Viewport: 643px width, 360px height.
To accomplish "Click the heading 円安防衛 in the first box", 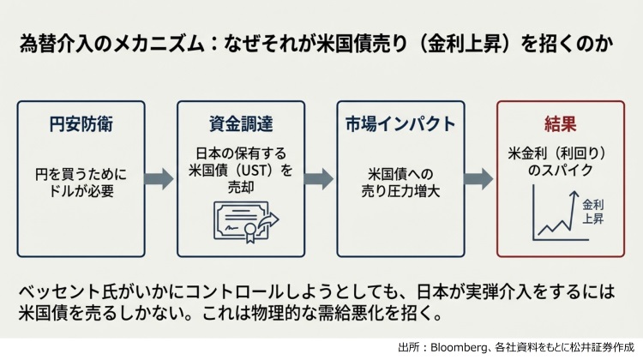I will pyautogui.click(x=81, y=123).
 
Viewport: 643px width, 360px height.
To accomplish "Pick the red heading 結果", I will pyautogui.click(x=559, y=123).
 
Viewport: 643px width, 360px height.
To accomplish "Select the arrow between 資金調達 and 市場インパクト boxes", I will pyautogui.click(x=319, y=179).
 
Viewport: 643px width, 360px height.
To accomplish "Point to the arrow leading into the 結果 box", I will pyautogui.click(x=478, y=179).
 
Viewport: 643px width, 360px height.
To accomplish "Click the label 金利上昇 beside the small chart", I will pyautogui.click(x=593, y=212).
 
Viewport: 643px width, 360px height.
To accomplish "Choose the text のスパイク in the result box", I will pyautogui.click(x=559, y=171).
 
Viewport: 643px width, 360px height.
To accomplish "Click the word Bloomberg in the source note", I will pyautogui.click(x=460, y=348).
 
